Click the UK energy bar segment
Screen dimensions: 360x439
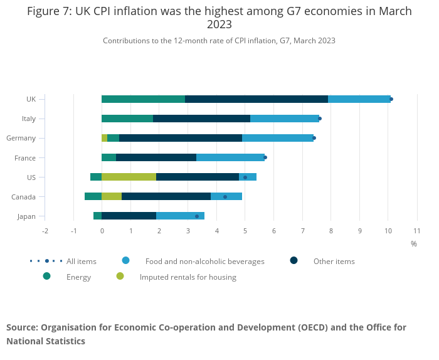(x=143, y=99)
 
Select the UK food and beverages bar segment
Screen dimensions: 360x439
(x=359, y=99)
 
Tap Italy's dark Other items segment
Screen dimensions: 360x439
(x=201, y=119)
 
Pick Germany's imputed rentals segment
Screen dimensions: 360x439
(x=105, y=138)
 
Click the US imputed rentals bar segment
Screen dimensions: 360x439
(x=129, y=177)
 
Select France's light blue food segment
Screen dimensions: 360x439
(x=230, y=157)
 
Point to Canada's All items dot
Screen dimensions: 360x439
(x=225, y=197)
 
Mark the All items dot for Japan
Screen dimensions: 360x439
(x=197, y=216)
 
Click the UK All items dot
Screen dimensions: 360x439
(x=391, y=99)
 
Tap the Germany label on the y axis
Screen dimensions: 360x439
(x=21, y=138)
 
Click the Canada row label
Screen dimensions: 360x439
(x=23, y=197)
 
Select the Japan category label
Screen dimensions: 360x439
(x=26, y=216)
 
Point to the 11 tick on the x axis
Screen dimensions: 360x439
(x=417, y=231)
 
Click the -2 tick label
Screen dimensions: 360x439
(x=45, y=231)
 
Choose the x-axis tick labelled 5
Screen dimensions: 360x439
(x=245, y=231)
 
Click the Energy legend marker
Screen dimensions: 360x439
(x=47, y=276)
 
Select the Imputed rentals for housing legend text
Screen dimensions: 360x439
(x=188, y=277)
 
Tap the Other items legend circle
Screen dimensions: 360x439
(x=294, y=260)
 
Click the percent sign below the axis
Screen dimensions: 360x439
(x=414, y=243)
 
